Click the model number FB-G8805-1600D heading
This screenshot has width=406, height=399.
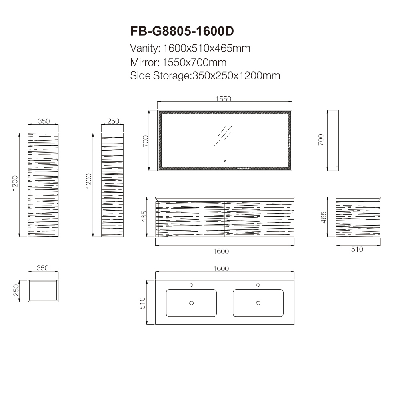point(182,31)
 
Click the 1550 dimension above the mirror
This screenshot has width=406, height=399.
point(223,99)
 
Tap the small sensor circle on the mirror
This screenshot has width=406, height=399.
point(225,161)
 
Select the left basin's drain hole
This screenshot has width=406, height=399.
point(191,303)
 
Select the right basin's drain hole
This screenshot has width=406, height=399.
point(258,303)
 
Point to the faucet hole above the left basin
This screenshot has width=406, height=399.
point(191,285)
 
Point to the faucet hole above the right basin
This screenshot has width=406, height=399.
point(258,285)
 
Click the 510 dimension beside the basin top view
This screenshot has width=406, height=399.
point(142,303)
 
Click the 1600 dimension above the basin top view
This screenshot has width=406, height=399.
point(221,268)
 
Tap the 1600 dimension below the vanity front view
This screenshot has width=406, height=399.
point(221,251)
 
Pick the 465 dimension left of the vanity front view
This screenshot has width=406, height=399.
point(144,217)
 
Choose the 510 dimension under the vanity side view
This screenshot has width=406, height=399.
point(357,249)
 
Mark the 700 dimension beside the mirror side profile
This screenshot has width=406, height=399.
point(321,140)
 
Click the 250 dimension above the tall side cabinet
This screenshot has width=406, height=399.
point(113,121)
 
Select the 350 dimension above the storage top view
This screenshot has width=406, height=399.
point(42,268)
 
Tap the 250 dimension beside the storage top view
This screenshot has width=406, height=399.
point(16,290)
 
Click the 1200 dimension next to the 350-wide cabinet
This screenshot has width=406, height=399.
point(15,183)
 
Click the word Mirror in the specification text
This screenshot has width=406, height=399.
point(145,62)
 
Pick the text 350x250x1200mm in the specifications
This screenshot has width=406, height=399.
point(236,76)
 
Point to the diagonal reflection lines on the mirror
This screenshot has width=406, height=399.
point(223,136)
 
